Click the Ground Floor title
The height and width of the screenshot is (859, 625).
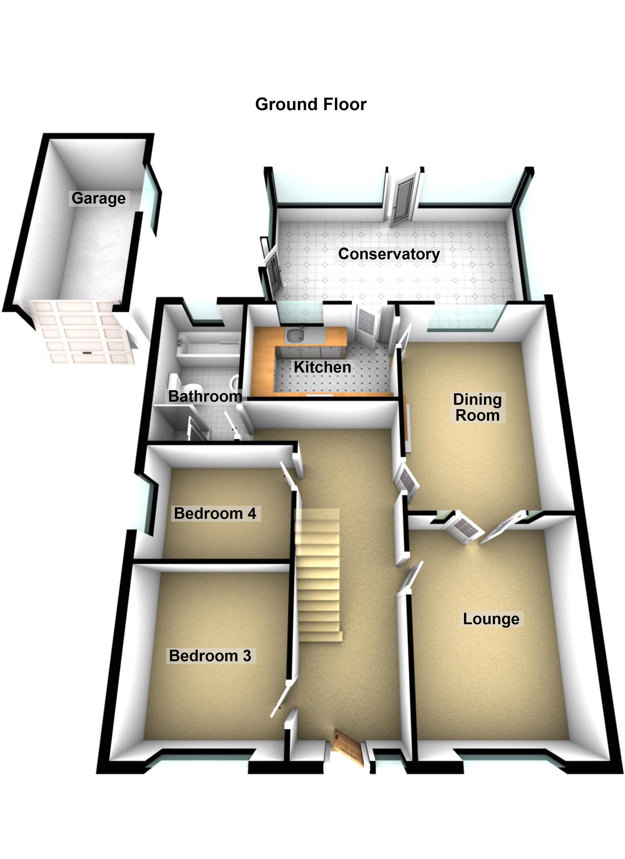tap(311, 104)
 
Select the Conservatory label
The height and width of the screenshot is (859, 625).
tap(389, 254)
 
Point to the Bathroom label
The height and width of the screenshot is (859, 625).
tap(205, 396)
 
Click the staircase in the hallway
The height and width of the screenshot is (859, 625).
tap(318, 576)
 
